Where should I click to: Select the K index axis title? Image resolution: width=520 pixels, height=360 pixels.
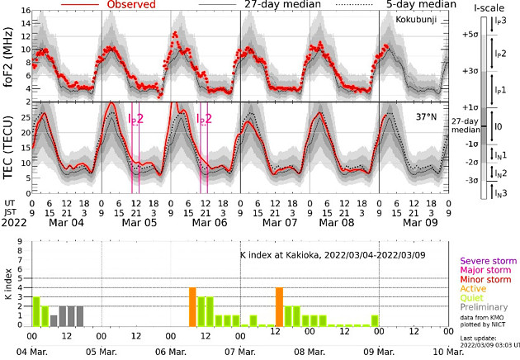(9, 282)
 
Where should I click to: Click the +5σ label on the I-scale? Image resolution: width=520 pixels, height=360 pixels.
(471, 35)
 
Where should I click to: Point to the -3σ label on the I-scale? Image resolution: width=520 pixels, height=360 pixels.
(471, 180)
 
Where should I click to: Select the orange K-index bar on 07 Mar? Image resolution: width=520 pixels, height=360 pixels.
(280, 306)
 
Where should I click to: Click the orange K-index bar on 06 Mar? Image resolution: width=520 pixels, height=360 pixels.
(192, 306)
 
